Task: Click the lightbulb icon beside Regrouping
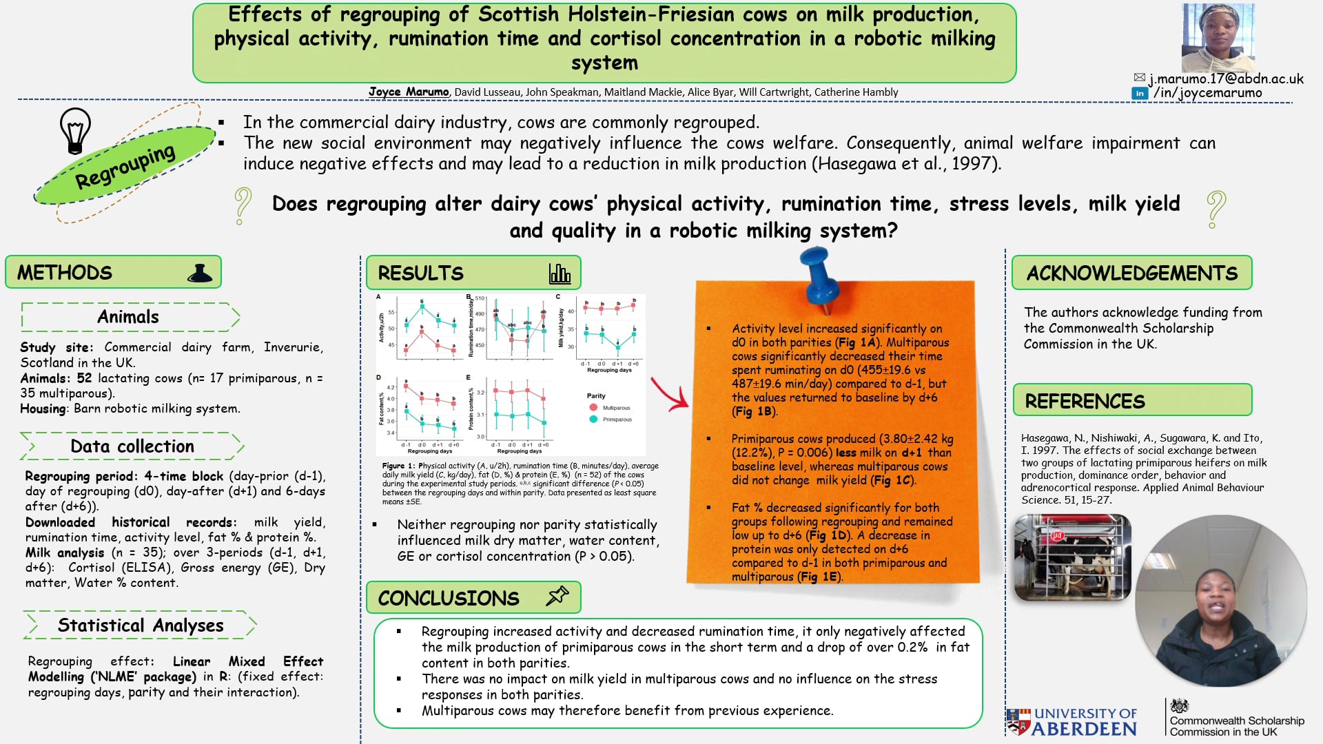75,130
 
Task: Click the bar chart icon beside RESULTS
560,273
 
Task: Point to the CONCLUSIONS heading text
449,598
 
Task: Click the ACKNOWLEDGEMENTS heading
1131,273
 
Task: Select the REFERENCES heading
1085,401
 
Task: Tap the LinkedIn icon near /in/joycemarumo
1140,93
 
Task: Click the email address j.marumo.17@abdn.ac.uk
1226,79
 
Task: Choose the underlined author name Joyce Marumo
408,92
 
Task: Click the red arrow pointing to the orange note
668,393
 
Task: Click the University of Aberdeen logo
1072,721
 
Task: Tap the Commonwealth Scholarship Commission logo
1235,719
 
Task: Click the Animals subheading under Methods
128,317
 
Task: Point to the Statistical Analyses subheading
141,625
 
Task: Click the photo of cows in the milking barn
1072,557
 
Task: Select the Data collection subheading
132,446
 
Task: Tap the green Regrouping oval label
125,166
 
